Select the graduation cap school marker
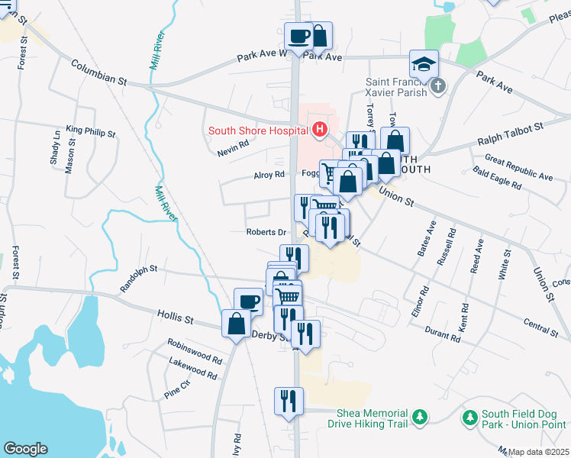click(424, 63)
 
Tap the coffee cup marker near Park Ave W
click(298, 35)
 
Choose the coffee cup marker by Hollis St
click(248, 301)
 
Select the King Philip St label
click(90, 132)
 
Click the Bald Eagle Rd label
click(496, 177)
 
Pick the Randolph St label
click(138, 279)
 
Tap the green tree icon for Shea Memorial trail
click(418, 417)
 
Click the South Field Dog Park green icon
click(469, 417)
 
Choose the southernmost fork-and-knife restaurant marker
click(289, 401)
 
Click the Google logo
click(25, 448)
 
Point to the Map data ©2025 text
click(539, 452)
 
